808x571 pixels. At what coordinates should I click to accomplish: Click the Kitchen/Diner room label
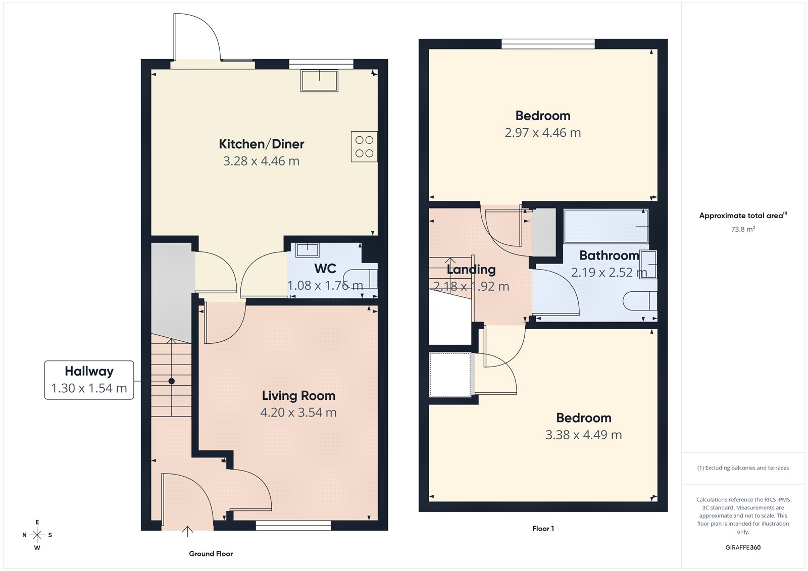coord(261,144)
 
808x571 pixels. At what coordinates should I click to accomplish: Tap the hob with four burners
coord(364,146)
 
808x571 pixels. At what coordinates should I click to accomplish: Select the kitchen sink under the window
coord(319,81)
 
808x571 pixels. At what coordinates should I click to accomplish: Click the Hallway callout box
coord(89,380)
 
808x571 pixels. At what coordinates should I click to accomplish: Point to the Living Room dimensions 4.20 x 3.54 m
coord(298,412)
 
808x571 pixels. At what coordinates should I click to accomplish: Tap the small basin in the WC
coord(307,249)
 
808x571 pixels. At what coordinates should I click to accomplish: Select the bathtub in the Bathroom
coord(605,226)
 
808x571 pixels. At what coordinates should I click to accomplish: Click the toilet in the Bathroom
coord(640,301)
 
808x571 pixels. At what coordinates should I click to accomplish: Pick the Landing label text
coord(471,270)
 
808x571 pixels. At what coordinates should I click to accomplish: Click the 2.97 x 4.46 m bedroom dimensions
coord(542,133)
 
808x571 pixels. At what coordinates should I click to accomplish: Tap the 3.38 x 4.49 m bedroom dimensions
coord(583,435)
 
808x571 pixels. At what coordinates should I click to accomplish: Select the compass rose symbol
coord(37,535)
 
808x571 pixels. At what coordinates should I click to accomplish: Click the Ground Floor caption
coord(211,554)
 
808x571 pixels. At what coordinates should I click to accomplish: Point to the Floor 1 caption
coord(543,529)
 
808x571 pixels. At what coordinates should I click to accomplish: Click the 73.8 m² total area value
coord(742,229)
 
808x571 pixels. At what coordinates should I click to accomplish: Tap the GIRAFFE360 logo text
coord(742,547)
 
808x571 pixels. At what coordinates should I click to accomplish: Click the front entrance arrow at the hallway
coord(187,531)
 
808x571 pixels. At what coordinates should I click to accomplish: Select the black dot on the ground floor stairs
coord(172,381)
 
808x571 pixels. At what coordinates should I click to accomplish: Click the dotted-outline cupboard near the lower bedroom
coord(450,375)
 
